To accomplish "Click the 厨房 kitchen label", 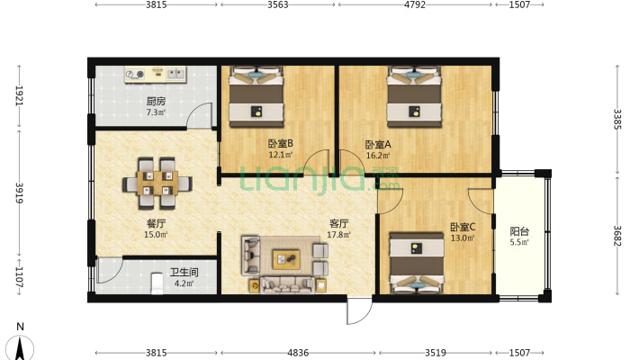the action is [x=156, y=101].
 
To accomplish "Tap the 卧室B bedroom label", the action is [x=281, y=143].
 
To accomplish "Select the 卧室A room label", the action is [x=378, y=144].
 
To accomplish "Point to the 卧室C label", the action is [x=463, y=227].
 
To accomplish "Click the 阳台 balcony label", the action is [x=519, y=231].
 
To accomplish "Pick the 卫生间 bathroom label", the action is [x=184, y=272].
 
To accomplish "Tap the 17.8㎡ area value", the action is [x=339, y=235].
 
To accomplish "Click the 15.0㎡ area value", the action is [x=156, y=235].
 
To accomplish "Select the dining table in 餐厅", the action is [x=157, y=183].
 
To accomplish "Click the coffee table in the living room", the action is [x=286, y=260].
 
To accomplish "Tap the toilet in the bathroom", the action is [x=157, y=283].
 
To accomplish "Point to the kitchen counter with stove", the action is [x=156, y=74].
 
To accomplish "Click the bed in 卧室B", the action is [x=256, y=96].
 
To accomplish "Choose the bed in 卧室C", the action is [x=417, y=263].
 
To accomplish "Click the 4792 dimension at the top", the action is [x=415, y=4].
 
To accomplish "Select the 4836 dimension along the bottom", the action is [x=298, y=353].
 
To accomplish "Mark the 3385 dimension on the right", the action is [x=617, y=119].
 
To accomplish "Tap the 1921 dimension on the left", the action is [x=19, y=95].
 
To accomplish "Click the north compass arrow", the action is [x=20, y=347].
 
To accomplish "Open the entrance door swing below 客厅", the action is [x=358, y=310].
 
